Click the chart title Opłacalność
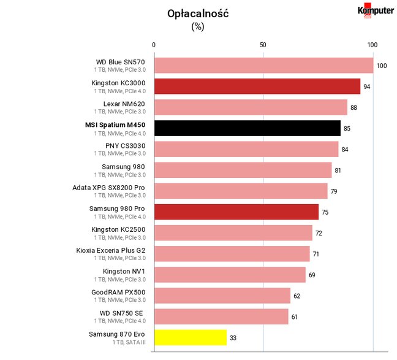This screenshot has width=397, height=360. click(198, 13)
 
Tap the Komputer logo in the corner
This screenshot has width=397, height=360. click(376, 10)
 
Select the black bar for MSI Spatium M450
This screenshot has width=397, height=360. click(248, 128)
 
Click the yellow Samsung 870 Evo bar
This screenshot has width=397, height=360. click(191, 337)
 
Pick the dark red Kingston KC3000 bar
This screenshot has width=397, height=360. click(257, 86)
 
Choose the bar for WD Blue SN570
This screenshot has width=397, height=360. click(264, 66)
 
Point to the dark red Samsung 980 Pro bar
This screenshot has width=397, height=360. click(236, 212)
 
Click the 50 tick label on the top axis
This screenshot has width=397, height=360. click(263, 45)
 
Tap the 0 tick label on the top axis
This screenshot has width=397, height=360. click(154, 45)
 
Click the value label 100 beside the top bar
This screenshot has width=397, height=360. click(382, 66)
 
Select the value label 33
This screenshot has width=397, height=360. click(233, 338)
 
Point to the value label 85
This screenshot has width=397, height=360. click(347, 129)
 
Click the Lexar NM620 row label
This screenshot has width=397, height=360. click(124, 104)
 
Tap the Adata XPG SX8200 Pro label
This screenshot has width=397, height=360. click(108, 188)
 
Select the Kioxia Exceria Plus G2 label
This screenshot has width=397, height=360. click(111, 250)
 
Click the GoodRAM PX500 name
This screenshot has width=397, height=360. click(118, 293)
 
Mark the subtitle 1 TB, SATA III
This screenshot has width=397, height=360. click(129, 342)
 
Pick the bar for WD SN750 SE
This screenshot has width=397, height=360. click(221, 316)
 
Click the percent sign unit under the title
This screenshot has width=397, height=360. click(198, 26)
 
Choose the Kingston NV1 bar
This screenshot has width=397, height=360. click(230, 275)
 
